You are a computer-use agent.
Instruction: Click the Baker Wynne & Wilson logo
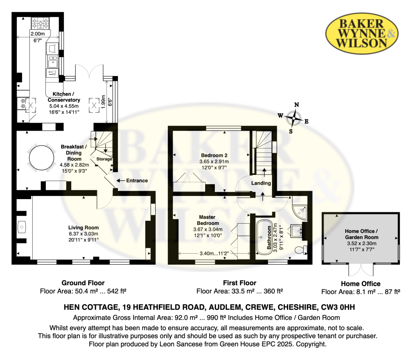[x=362, y=33]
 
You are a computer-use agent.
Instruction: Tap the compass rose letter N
[x=297, y=105]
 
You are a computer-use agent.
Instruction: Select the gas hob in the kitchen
[x=40, y=23]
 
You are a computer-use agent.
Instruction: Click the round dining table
[x=41, y=158]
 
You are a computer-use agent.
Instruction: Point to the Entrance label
[x=137, y=181]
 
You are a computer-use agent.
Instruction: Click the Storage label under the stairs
[x=104, y=159]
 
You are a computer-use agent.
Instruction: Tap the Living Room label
[x=84, y=228]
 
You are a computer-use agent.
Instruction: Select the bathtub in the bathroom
[x=264, y=237]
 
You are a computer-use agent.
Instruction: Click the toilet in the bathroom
[x=301, y=250]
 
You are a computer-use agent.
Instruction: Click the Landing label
[x=261, y=183]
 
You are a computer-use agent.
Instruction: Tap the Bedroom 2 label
[x=214, y=155]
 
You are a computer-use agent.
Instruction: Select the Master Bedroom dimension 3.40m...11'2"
[x=214, y=253]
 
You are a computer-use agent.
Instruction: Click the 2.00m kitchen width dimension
[x=37, y=34]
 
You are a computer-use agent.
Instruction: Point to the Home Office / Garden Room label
[x=362, y=234]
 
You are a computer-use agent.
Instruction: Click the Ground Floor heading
[x=83, y=283]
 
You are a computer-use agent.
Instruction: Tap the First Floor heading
[x=240, y=283]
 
